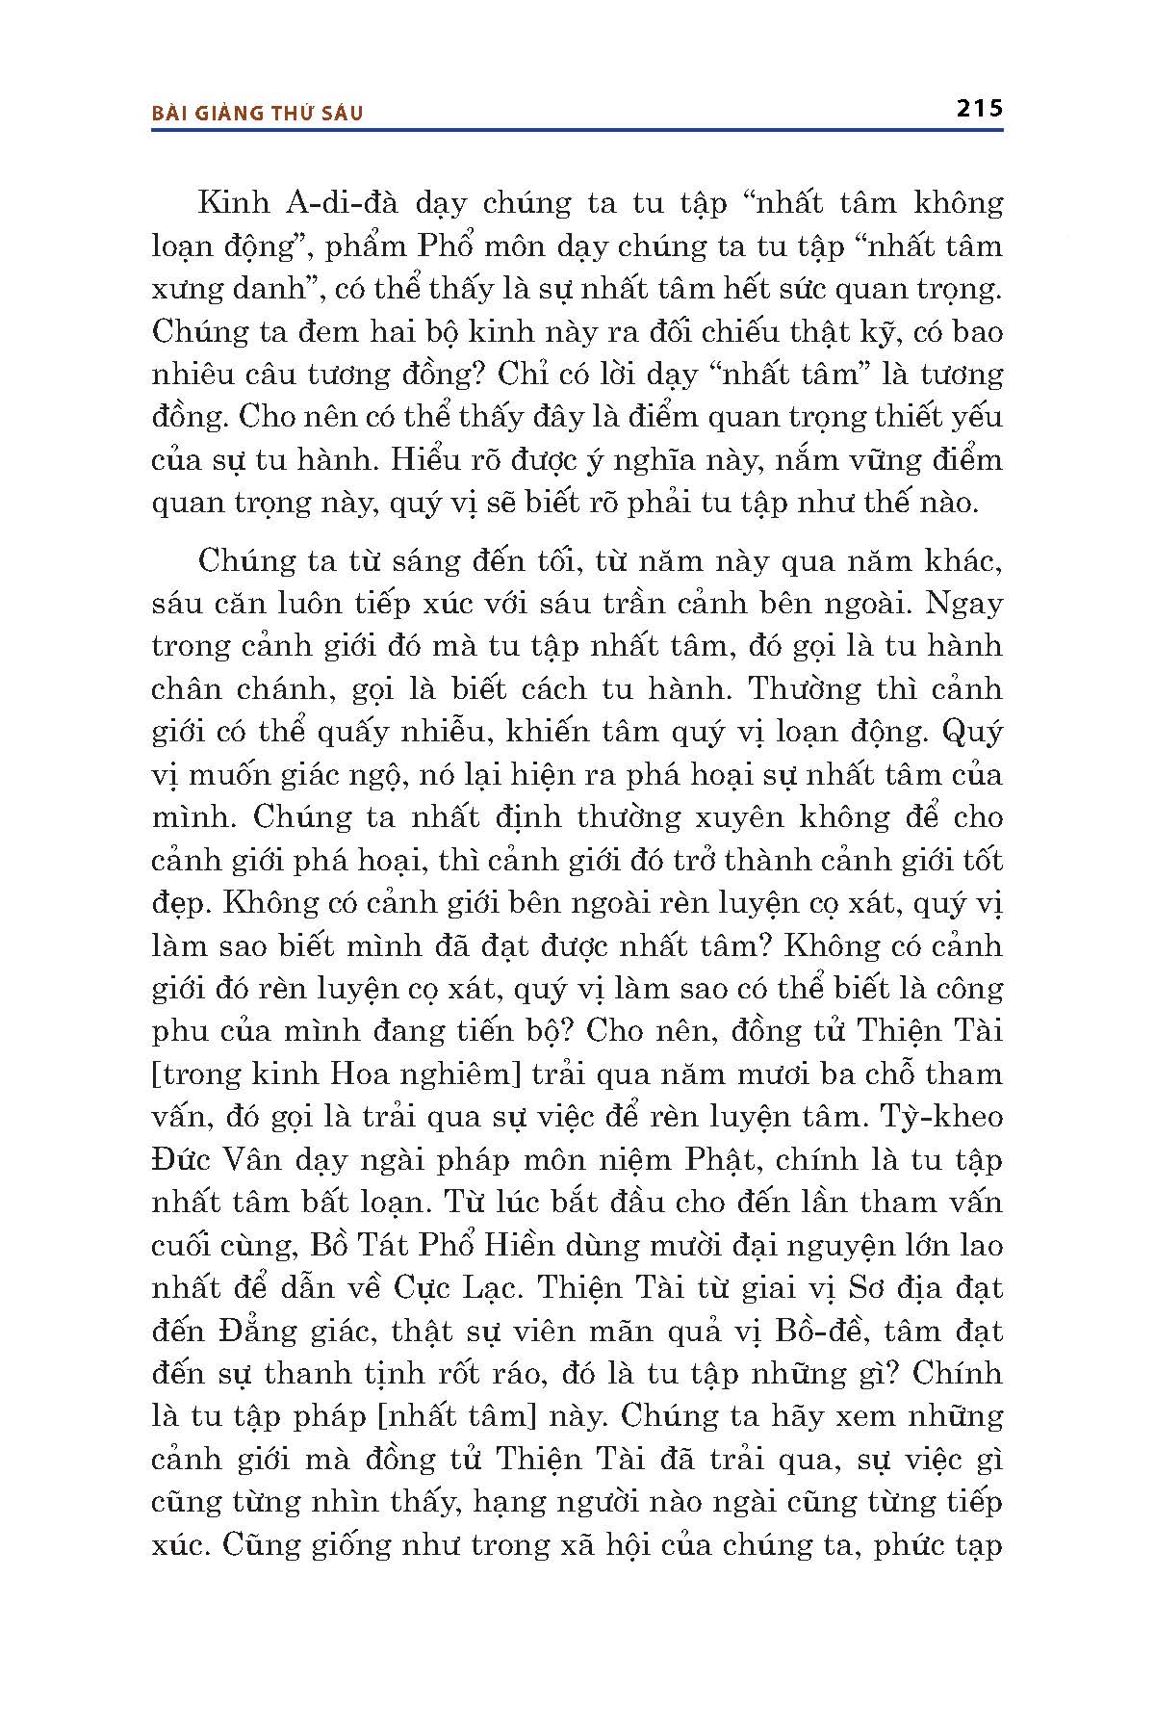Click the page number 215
[x=980, y=108]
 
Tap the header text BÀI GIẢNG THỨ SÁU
[x=257, y=113]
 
